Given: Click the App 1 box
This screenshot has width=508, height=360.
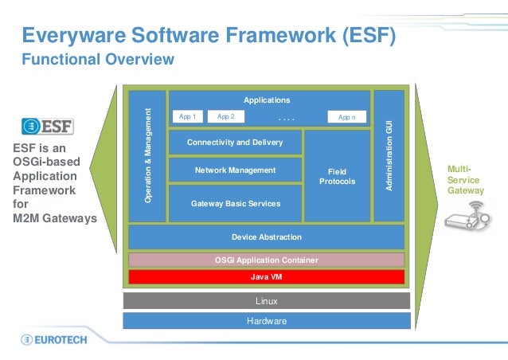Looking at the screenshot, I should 187,116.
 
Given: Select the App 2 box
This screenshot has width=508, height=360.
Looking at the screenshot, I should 225,116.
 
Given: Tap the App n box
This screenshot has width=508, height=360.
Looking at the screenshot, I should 346,117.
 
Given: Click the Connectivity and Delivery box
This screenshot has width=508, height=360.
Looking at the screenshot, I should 235,143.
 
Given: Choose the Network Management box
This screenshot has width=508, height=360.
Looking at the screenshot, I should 235,170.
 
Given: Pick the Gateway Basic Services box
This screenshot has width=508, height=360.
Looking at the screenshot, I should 235,203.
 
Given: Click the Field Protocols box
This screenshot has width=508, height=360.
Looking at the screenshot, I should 338,176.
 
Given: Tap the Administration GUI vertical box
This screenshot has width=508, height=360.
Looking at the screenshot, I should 389,155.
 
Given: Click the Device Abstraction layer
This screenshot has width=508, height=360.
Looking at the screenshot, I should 266,237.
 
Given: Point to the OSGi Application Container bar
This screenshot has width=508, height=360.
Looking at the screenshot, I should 266,260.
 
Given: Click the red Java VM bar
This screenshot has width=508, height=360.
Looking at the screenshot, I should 266,277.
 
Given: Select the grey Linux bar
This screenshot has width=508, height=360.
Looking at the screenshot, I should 266,301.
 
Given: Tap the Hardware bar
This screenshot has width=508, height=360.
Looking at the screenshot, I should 266,321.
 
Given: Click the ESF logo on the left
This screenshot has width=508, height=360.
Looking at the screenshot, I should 47,126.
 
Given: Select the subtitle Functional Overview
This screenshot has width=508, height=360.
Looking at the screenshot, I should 97,60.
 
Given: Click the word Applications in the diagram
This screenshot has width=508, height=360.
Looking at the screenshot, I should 267,100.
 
